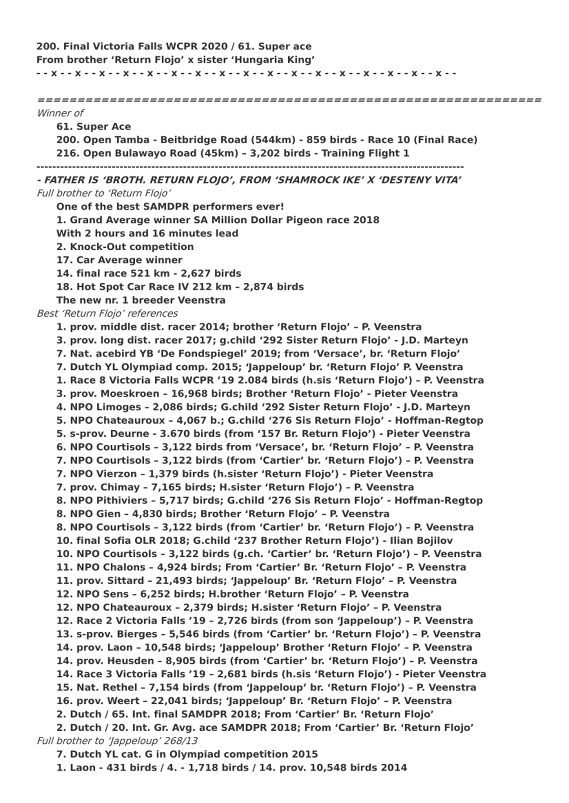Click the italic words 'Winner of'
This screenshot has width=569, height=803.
(60, 113)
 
